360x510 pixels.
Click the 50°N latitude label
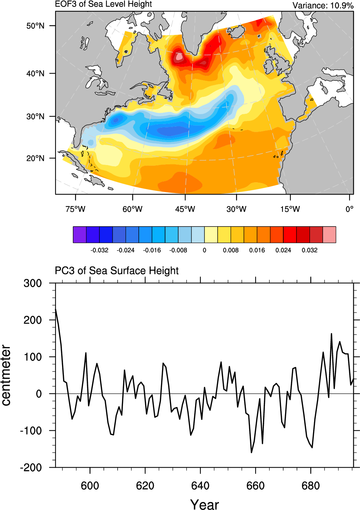tap(35, 26)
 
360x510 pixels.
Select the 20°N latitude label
tap(35, 158)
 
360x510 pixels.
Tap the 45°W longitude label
tap(185, 209)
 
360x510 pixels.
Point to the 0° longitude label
tap(350, 209)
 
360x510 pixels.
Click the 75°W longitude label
tap(75, 209)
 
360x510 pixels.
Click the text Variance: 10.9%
tap(323, 5)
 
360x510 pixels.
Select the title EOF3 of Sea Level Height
tap(103, 4)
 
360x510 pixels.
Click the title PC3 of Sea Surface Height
tap(117, 271)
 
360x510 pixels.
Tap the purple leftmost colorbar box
tap(80, 235)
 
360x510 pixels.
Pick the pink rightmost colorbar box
tap(330, 235)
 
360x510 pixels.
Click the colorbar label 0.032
tap(309, 250)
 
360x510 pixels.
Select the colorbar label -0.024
tap(125, 250)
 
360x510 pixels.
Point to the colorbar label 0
tap(204, 250)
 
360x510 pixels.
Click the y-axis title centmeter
tap(6, 375)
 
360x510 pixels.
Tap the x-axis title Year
tap(204, 504)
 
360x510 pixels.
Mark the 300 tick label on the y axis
tap(33, 283)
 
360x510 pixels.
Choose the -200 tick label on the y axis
tap(31, 467)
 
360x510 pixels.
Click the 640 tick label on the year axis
tap(200, 486)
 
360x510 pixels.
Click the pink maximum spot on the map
tap(179, 57)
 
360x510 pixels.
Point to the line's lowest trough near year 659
tap(251, 452)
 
